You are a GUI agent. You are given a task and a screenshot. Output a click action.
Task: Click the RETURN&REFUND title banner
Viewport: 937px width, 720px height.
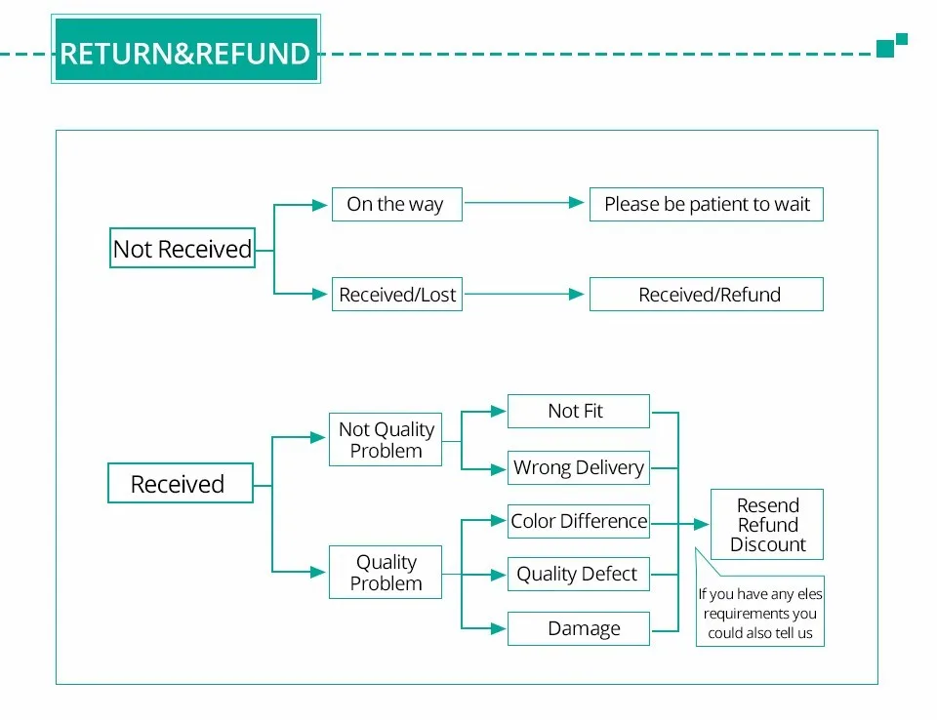185,49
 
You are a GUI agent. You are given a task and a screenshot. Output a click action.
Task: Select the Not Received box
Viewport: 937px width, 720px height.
183,248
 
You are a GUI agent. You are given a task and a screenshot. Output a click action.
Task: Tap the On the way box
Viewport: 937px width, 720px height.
397,204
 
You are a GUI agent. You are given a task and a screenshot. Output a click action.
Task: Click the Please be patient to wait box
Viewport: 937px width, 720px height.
707,204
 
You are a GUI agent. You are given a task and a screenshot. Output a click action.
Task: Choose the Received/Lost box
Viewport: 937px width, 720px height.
397,294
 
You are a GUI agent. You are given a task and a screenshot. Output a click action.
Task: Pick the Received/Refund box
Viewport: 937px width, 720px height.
707,294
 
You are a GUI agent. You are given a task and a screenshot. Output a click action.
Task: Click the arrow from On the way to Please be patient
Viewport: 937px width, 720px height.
524,203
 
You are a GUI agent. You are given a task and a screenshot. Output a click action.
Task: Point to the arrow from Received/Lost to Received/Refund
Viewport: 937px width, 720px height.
524,294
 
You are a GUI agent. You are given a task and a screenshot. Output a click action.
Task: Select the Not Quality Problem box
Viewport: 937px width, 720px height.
386,439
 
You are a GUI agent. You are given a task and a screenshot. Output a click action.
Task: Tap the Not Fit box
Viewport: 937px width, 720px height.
579,411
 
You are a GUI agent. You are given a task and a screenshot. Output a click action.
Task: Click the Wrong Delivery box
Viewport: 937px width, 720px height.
579,468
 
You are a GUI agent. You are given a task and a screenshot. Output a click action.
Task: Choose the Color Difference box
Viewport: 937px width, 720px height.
579,521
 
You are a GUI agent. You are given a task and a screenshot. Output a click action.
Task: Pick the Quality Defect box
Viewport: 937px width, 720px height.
579,575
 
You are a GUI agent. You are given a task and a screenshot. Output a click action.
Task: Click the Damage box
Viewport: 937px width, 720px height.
579,628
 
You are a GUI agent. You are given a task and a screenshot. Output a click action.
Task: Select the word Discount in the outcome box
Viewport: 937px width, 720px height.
768,545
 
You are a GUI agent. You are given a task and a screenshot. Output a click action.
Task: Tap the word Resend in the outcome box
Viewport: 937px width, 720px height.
768,505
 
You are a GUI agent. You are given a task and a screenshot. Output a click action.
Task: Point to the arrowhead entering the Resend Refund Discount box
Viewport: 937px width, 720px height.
702,525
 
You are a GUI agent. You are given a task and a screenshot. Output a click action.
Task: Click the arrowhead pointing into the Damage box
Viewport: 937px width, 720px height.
499,628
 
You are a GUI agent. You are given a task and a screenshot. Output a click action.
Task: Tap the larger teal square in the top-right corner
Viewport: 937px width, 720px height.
885,49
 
